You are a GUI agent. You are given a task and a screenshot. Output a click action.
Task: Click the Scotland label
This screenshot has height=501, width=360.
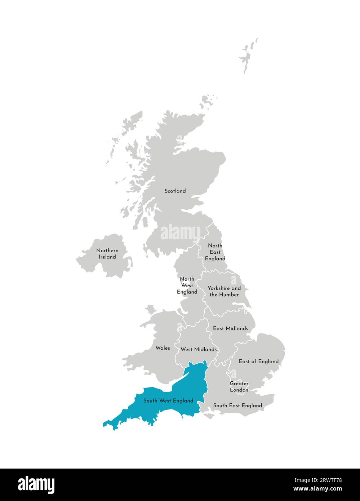[175, 191]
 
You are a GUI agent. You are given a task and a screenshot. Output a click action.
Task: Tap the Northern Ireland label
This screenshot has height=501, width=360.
[107, 253]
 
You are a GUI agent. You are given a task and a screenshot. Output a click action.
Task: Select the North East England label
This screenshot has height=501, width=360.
[215, 252]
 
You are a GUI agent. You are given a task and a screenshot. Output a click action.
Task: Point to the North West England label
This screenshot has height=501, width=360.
[187, 285]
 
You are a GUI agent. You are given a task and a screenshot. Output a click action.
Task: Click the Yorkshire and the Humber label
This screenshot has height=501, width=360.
[224, 291]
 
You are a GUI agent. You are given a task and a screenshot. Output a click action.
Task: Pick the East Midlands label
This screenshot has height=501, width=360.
[230, 328]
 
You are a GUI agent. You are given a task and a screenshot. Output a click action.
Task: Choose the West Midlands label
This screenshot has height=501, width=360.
[199, 349]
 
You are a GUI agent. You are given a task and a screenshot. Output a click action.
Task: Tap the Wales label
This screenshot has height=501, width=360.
[163, 348]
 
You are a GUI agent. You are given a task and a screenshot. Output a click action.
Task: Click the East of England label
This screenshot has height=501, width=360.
[259, 361]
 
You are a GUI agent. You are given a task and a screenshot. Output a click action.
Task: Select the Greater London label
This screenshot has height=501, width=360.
[239, 387]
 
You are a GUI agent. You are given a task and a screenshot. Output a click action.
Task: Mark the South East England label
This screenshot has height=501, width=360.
[237, 405]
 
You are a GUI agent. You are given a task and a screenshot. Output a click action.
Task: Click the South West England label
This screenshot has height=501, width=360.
[168, 400]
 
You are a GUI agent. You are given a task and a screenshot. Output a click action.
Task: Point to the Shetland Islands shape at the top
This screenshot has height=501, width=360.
[248, 56]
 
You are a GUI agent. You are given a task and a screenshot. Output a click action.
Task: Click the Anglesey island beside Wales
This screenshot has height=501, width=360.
[151, 309]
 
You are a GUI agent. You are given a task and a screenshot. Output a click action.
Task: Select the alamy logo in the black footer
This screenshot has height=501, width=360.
[36, 484]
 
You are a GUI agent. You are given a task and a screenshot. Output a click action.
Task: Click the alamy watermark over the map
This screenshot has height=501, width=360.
[180, 232]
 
